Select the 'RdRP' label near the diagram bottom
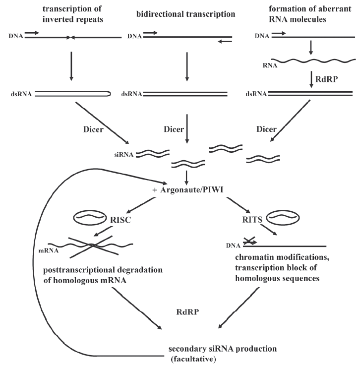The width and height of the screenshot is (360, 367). pos(188,312)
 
